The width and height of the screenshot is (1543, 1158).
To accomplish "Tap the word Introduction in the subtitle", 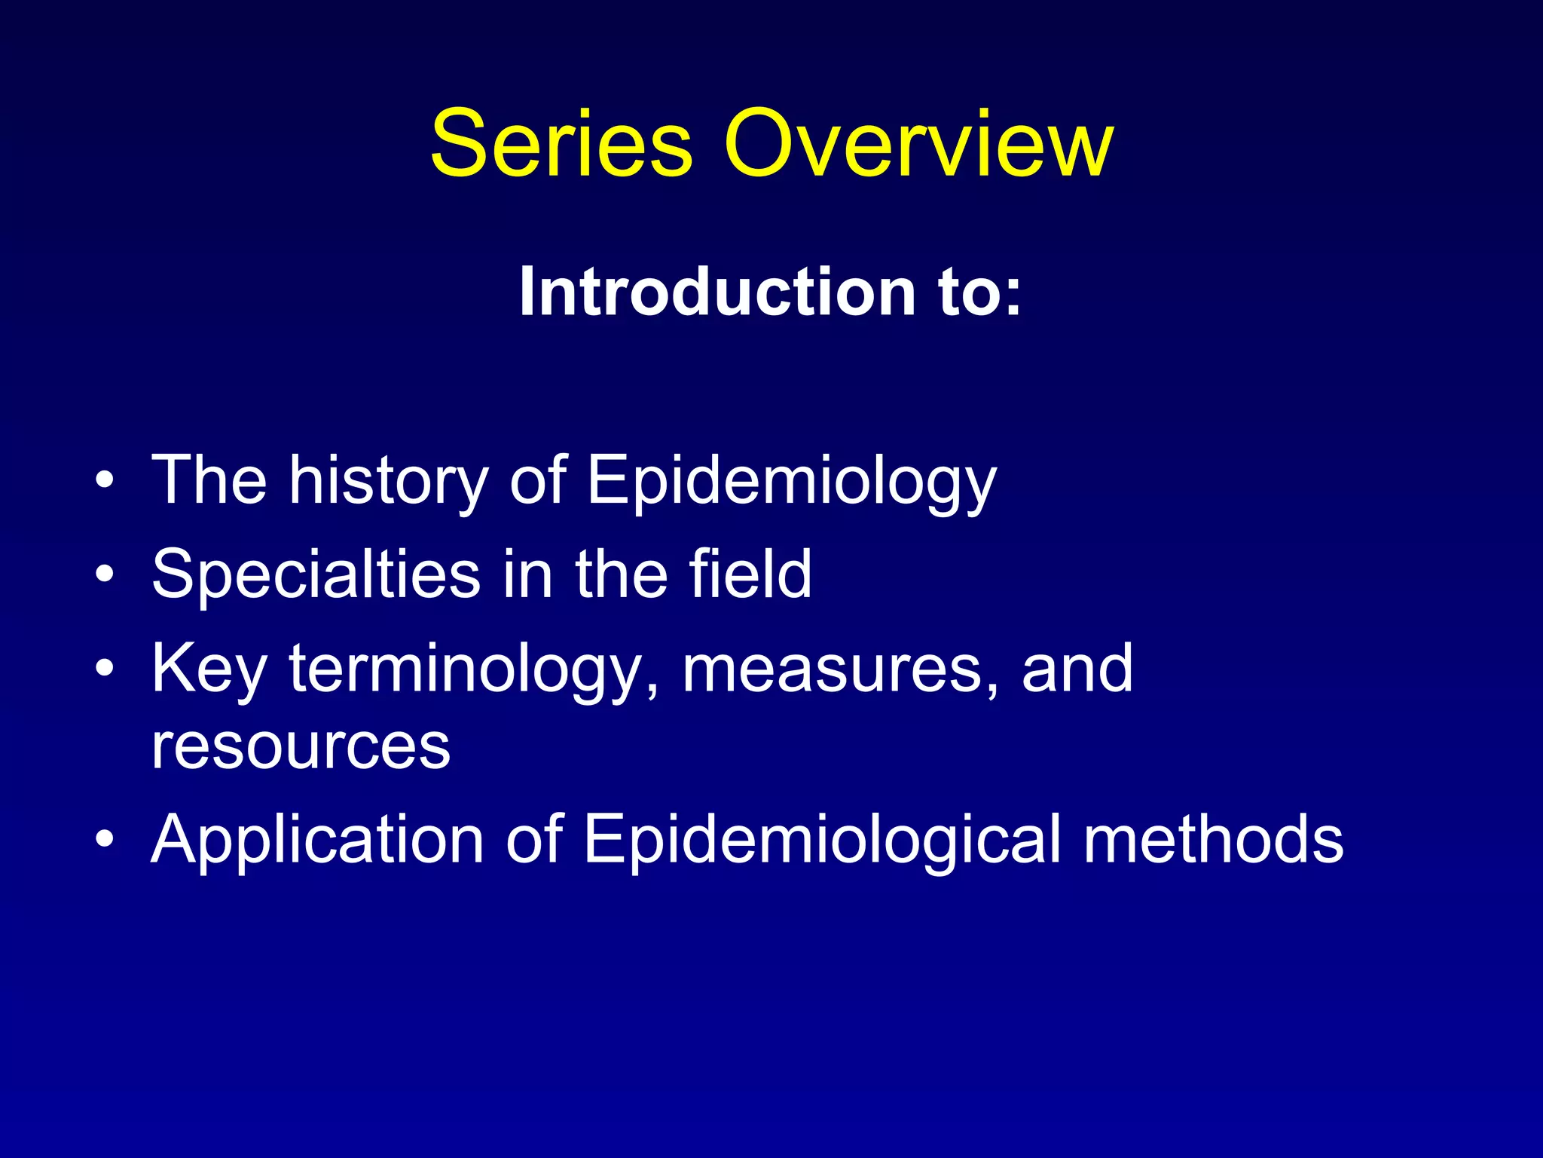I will click(x=717, y=292).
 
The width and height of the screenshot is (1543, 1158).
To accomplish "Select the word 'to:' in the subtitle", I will click(x=980, y=292).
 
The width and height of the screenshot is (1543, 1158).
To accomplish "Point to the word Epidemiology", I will click(x=791, y=482).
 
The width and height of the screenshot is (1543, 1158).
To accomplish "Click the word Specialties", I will click(x=316, y=575).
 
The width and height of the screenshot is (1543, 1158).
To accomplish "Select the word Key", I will click(x=209, y=670).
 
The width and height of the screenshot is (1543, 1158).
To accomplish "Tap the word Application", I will click(x=317, y=841).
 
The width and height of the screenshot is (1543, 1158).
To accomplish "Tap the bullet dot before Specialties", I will click(x=105, y=575).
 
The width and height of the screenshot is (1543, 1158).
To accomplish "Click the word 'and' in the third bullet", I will click(x=1077, y=669).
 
